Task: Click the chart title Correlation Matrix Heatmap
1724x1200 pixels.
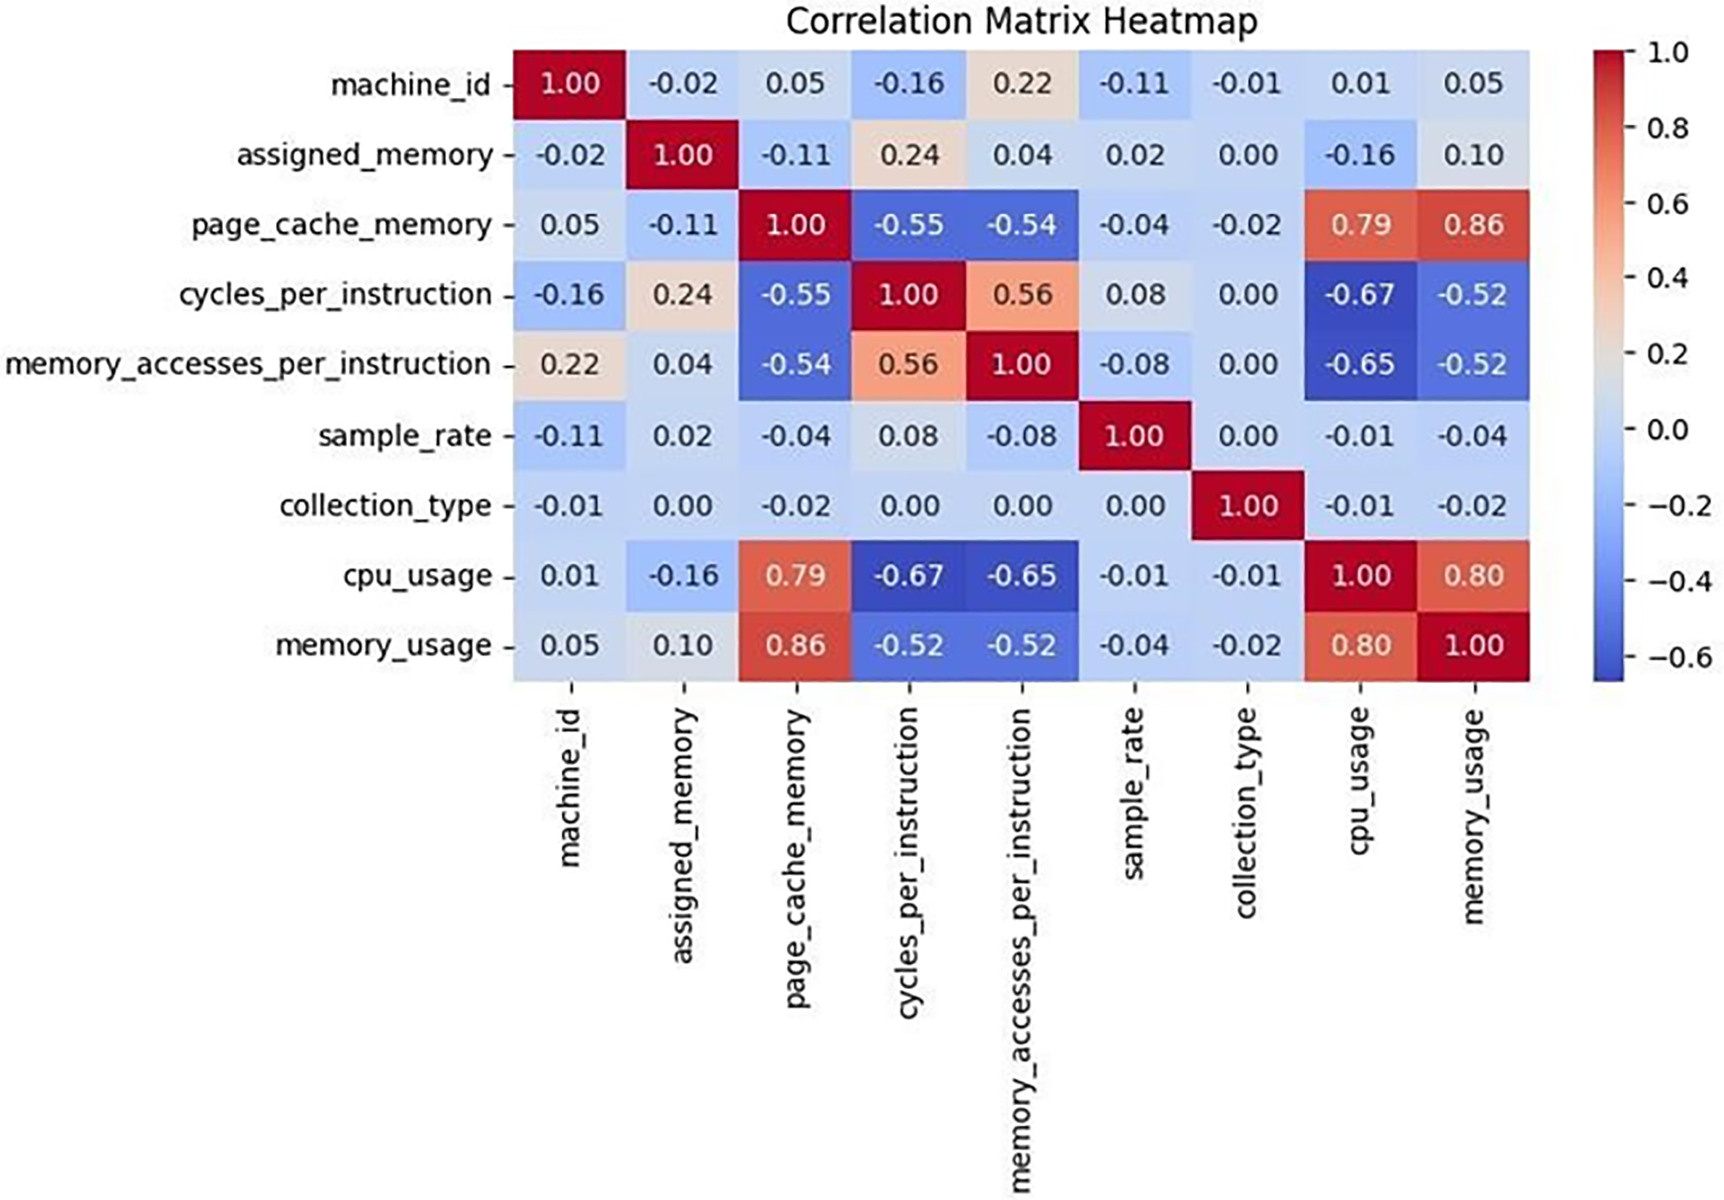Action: click(x=1021, y=21)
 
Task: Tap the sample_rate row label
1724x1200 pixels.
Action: click(x=404, y=436)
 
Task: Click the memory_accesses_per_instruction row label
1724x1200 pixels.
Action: click(x=247, y=365)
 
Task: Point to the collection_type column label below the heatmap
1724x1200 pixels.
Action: click(x=1247, y=812)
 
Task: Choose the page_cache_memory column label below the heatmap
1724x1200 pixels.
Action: click(x=797, y=858)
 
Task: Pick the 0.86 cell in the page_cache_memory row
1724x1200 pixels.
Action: click(x=1473, y=225)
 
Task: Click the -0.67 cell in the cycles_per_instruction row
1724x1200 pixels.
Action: click(x=1360, y=295)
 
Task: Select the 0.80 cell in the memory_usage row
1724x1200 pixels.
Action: click(x=1360, y=645)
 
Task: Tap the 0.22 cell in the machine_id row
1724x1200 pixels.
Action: click(x=1021, y=84)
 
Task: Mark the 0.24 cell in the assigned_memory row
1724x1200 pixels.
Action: click(x=909, y=155)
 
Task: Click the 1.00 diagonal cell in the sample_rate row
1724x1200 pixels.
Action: click(x=1134, y=436)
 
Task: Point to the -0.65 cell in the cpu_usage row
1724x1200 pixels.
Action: click(x=1021, y=575)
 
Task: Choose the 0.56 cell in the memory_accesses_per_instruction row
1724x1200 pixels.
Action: click(x=909, y=365)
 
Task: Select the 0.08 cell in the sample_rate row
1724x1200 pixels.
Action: click(x=909, y=436)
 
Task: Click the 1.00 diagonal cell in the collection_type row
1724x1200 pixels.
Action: click(x=1247, y=506)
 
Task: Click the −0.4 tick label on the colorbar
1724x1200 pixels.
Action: click(x=1678, y=582)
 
